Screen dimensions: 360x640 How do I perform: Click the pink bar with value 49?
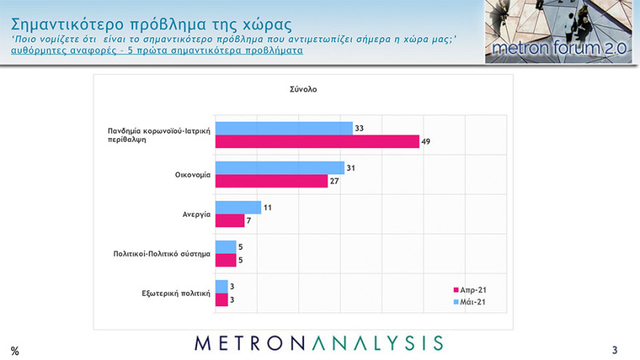click(x=317, y=141)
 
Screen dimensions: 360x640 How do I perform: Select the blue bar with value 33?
click(x=284, y=128)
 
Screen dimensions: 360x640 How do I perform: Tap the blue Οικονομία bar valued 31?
click(x=279, y=168)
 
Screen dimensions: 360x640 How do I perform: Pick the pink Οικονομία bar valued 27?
click(x=271, y=181)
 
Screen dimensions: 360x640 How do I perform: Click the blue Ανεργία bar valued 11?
click(x=238, y=207)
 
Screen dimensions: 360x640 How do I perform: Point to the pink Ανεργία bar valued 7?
click(x=230, y=220)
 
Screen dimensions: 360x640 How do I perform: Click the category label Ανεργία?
click(x=196, y=215)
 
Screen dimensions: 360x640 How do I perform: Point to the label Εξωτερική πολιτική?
click(x=176, y=294)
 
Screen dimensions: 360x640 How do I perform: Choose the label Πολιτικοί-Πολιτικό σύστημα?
click(x=161, y=254)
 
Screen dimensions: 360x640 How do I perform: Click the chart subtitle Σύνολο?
click(x=303, y=90)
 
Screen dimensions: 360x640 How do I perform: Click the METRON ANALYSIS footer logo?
click(x=319, y=343)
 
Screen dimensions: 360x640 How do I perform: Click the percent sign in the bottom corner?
click(x=15, y=351)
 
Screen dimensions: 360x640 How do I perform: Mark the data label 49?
click(x=427, y=141)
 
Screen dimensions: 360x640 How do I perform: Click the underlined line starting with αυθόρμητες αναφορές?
click(x=156, y=51)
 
